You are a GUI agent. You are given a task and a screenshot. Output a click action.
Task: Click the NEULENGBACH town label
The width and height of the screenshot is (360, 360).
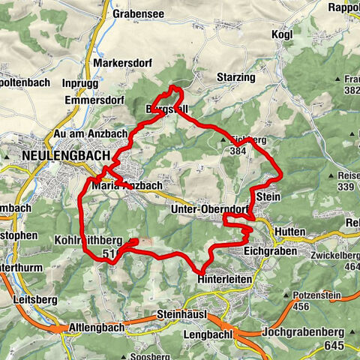pyautogui.click(x=61, y=155)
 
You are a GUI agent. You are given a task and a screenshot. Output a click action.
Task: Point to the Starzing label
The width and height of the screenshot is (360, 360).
pyautogui.click(x=235, y=77)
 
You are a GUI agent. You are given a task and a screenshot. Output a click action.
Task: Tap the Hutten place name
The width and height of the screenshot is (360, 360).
pyautogui.click(x=289, y=232)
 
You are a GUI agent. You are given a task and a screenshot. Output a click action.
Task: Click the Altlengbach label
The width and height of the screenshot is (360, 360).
pyautogui.click(x=93, y=328)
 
